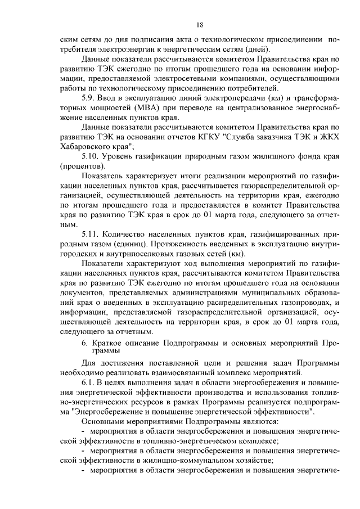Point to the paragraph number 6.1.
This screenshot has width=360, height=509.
click(89, 382)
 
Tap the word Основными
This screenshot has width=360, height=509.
click(105, 421)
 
